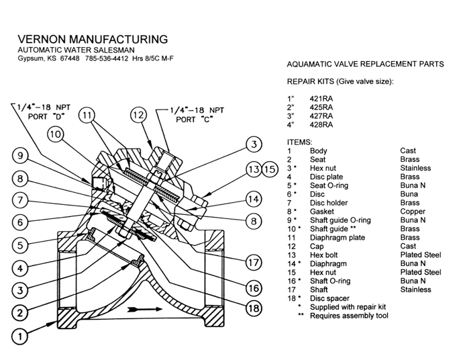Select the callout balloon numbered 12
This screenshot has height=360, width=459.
click(x=138, y=116)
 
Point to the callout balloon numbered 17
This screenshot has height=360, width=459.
click(x=252, y=261)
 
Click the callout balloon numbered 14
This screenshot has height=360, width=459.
click(x=252, y=199)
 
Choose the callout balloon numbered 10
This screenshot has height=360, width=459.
click(x=56, y=134)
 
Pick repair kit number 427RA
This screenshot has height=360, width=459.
click(x=321, y=115)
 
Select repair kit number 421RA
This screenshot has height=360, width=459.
click(x=321, y=97)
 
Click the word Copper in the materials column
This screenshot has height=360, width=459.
click(x=411, y=211)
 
